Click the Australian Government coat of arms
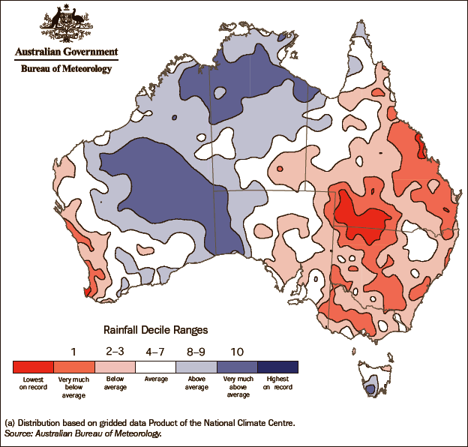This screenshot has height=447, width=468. [x=65, y=24]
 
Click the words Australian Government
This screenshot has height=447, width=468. [x=66, y=52]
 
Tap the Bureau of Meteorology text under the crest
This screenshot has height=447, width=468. [x=65, y=68]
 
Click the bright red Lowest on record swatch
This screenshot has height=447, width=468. [x=34, y=367]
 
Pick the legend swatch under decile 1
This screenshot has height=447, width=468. [x=74, y=367]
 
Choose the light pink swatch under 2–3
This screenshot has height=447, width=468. [x=115, y=367]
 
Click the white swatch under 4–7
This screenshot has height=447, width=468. [x=155, y=367]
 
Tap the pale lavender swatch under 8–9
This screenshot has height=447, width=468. [x=196, y=367]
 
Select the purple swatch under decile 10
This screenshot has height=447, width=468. [x=237, y=367]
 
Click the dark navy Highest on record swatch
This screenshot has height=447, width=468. [x=277, y=367]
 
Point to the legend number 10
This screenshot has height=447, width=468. [x=237, y=351]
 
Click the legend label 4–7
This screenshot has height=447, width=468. [x=155, y=351]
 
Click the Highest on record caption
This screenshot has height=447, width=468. [x=277, y=383]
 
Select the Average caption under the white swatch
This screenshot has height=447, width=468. [x=155, y=380]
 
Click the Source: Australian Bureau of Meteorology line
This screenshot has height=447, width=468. [x=83, y=433]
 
